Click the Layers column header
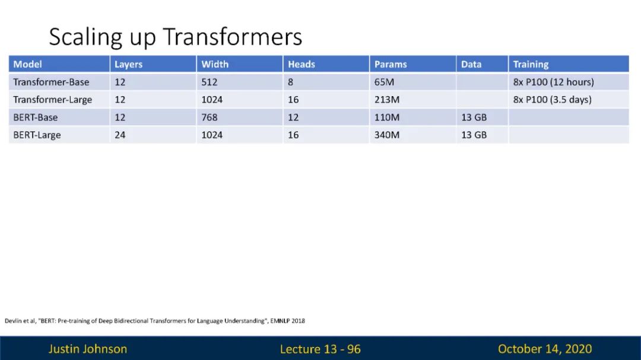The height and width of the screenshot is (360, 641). click(128, 64)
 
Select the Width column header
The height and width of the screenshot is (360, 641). click(215, 64)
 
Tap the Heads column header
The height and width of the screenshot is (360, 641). click(302, 64)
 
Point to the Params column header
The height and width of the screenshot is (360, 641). click(391, 64)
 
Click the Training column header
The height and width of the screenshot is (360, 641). click(531, 64)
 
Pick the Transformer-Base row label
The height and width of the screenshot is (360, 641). click(51, 82)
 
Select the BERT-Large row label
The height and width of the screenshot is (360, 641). click(37, 135)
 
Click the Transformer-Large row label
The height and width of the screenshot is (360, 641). click(52, 100)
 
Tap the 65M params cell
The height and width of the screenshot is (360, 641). click(384, 82)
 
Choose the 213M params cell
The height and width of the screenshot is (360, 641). click(387, 100)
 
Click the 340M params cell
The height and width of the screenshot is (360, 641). click(387, 135)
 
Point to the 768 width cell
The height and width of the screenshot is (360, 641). click(210, 117)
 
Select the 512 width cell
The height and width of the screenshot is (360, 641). click(210, 82)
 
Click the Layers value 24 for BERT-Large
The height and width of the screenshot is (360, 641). click(120, 135)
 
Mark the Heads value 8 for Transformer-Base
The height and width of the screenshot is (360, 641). click(290, 82)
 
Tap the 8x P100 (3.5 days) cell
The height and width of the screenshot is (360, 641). click(553, 100)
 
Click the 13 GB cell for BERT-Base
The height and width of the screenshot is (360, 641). click(474, 117)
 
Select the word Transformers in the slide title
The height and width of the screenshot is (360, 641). click(233, 36)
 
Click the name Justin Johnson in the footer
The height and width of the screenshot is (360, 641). click(87, 349)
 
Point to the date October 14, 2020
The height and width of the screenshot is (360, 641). click(544, 349)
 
